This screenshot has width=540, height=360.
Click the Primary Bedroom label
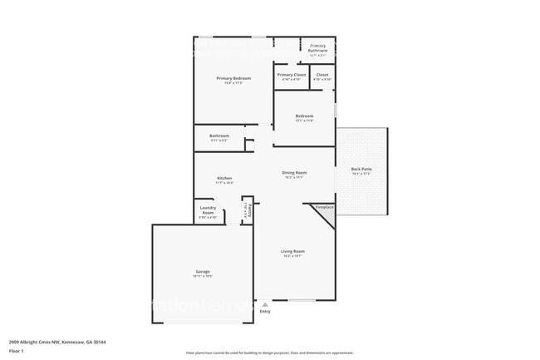pyautogui.click(x=233, y=78)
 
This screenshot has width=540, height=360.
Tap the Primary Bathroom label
pyautogui.click(x=318, y=48)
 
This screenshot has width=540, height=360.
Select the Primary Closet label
pyautogui.click(x=291, y=76)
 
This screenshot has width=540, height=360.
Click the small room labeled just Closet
pyautogui.click(x=322, y=76)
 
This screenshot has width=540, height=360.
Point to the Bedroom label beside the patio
pyautogui.click(x=304, y=116)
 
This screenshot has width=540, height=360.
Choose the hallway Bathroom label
pyautogui.click(x=219, y=136)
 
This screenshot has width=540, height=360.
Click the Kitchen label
pyautogui.click(x=224, y=179)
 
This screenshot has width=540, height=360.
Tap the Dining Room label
pyautogui.click(x=295, y=173)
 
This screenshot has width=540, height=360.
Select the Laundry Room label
pyautogui.click(x=208, y=211)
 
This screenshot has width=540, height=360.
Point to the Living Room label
pyautogui.click(x=293, y=252)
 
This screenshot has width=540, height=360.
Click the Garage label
pyautogui.click(x=202, y=272)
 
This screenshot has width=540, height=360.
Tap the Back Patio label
pyautogui.click(x=361, y=170)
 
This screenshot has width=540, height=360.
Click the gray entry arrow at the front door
pyautogui.click(x=265, y=304)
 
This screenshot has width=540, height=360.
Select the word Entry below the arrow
pyautogui.click(x=265, y=312)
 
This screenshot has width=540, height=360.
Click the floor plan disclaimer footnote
pyautogui.click(x=269, y=353)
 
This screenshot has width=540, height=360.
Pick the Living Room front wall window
pyautogui.click(x=301, y=300)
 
